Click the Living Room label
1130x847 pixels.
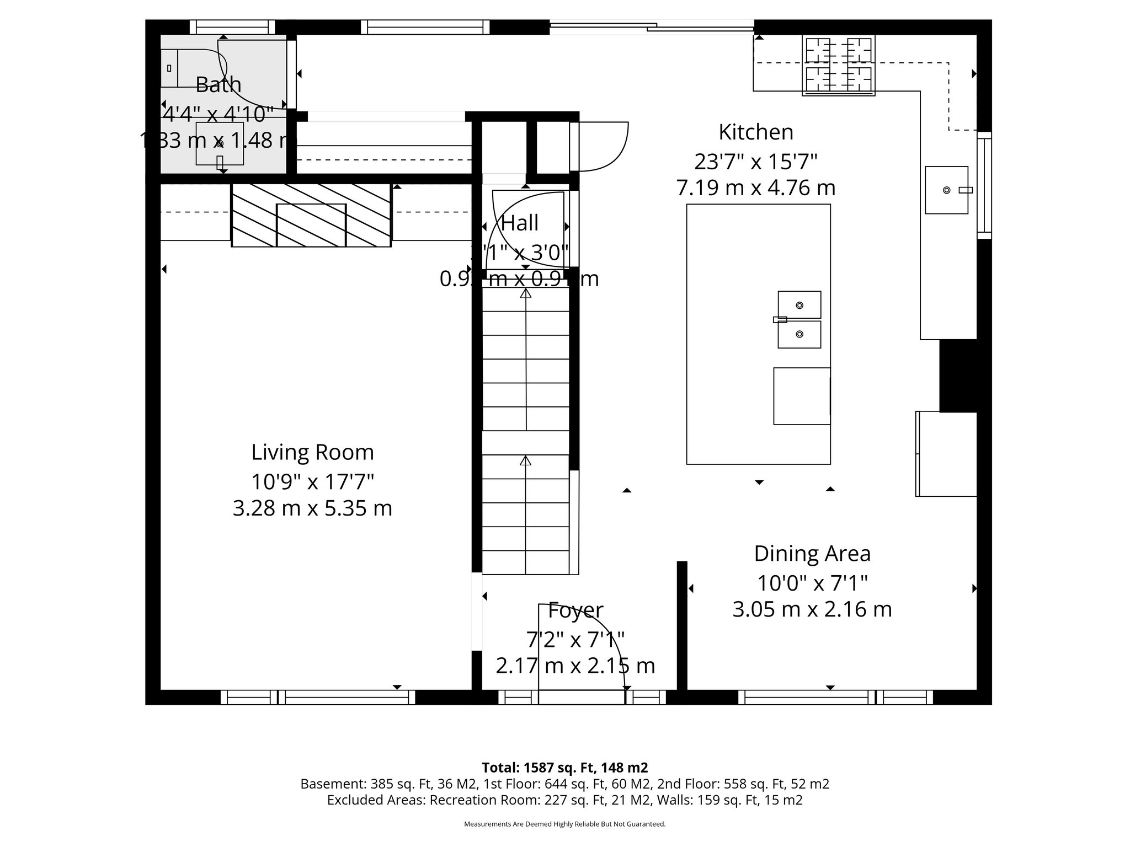tap(312, 452)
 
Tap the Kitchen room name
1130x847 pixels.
tap(755, 132)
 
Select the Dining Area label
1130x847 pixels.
tap(812, 554)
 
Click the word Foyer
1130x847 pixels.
tap(575, 610)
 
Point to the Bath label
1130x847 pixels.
tap(218, 84)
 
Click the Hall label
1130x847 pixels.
tap(519, 223)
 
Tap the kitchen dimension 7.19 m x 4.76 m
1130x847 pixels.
tap(755, 188)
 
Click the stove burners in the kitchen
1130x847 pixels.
tap(839, 65)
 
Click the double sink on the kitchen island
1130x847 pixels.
tap(799, 320)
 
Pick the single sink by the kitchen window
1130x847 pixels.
tap(946, 190)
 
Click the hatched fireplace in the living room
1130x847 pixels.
tap(311, 216)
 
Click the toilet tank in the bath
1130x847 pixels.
tap(169, 68)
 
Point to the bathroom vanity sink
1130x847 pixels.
tap(220, 144)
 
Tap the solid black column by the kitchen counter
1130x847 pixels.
tap(958, 376)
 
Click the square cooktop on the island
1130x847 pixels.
tap(801, 396)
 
